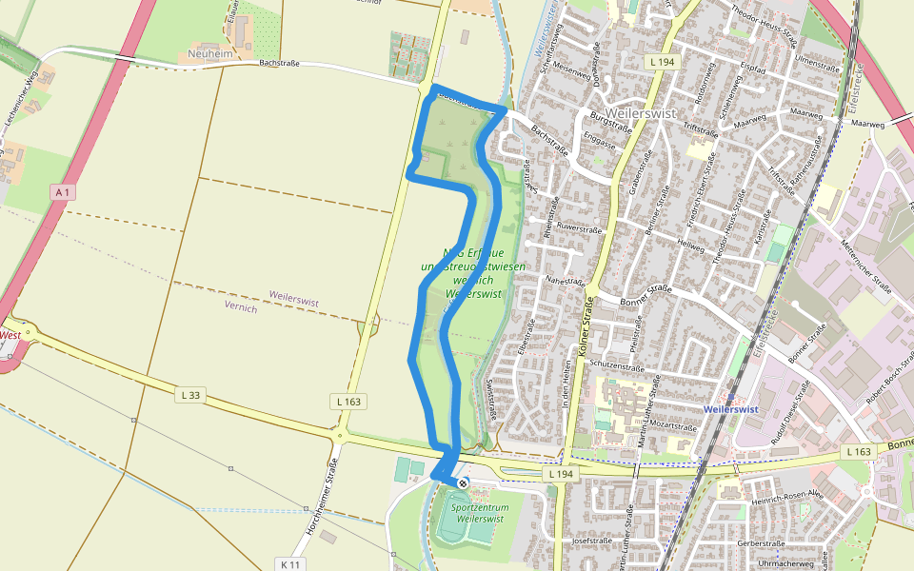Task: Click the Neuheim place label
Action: pyautogui.click(x=210, y=54)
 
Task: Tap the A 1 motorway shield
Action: pyautogui.click(x=63, y=192)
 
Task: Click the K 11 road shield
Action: pyautogui.click(x=291, y=564)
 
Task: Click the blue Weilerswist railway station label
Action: pyautogui.click(x=730, y=409)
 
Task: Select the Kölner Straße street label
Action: pyautogui.click(x=584, y=327)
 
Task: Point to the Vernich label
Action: pyautogui.click(x=241, y=308)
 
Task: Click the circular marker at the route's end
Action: pyautogui.click(x=463, y=483)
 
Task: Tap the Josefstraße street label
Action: pyautogui.click(x=591, y=541)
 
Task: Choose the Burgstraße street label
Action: pyautogui.click(x=611, y=121)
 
